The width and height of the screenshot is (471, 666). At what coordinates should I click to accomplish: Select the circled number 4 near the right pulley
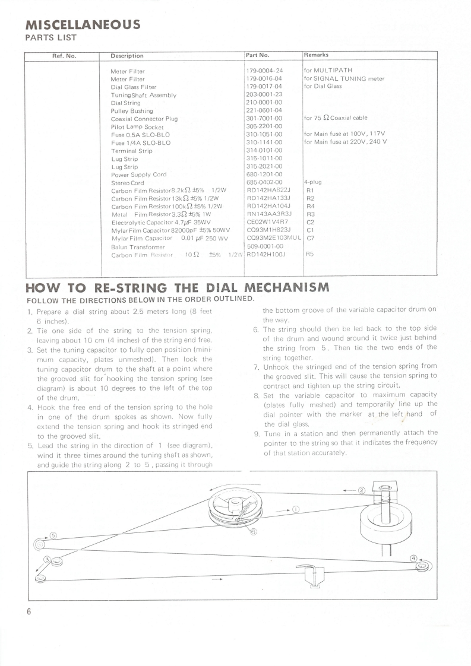click(x=414, y=557)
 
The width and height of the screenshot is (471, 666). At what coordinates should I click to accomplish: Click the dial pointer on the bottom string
click(x=309, y=572)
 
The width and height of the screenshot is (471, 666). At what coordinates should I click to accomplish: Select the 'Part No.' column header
click(x=258, y=56)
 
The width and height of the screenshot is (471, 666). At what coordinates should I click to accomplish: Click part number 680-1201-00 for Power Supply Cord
click(x=264, y=175)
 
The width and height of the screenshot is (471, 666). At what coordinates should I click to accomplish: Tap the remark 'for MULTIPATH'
click(x=328, y=71)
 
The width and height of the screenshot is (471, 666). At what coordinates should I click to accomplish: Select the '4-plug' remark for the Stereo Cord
click(x=312, y=182)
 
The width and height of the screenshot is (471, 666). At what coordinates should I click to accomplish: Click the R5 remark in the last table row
click(x=309, y=254)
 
